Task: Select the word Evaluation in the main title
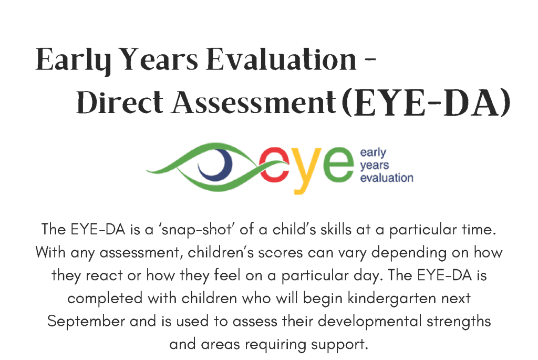282,59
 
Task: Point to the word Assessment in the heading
254,102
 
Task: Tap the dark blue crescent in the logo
216,164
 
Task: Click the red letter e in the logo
274,164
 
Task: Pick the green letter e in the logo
338,164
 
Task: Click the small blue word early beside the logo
373,153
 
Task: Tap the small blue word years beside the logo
374,166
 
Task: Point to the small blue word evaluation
387,178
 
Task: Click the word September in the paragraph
86,322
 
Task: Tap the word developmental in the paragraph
369,322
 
